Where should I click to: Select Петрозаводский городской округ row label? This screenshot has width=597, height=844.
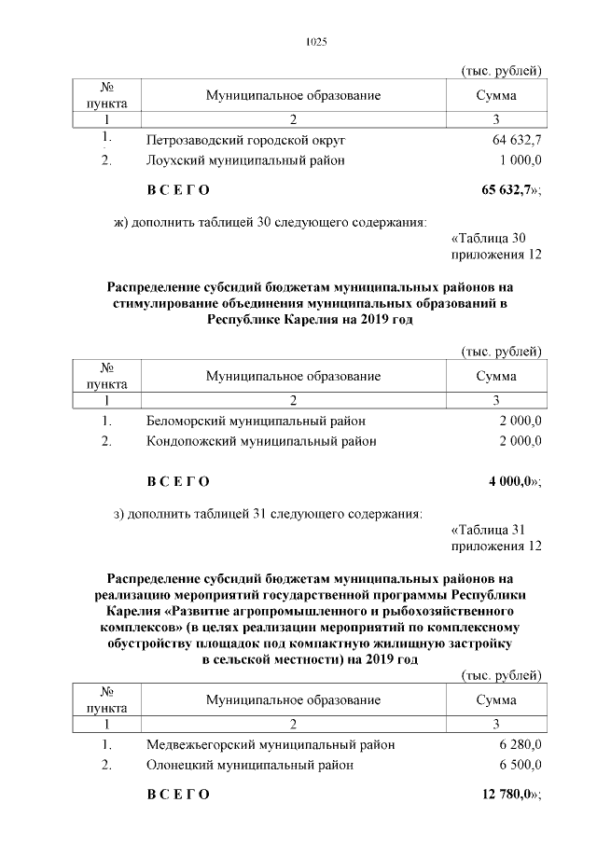pyautogui.click(x=245, y=140)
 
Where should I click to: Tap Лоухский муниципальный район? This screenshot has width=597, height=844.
pyautogui.click(x=245, y=160)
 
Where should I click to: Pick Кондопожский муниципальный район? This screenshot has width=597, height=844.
pyautogui.click(x=261, y=441)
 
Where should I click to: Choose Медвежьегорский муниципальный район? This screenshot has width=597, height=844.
pyautogui.click(x=271, y=745)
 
